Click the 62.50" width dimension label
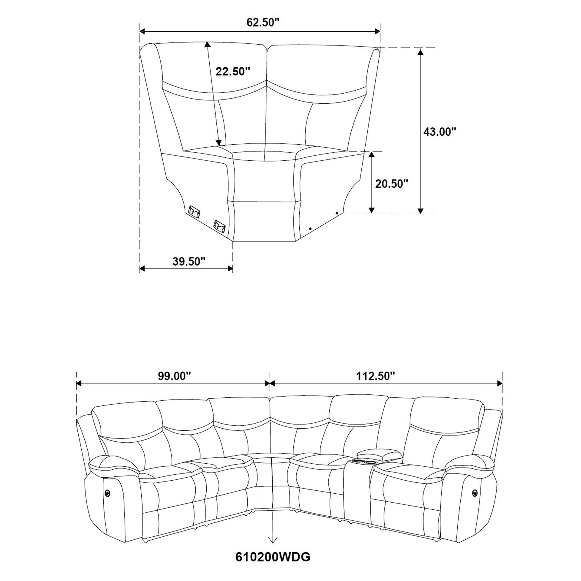pyautogui.click(x=263, y=23)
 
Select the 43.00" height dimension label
pyautogui.click(x=440, y=132)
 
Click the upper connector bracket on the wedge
pyautogui.click(x=194, y=211)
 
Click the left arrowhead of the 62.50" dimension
pyautogui.click(x=142, y=31)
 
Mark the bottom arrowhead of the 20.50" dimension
pyautogui.click(x=372, y=210)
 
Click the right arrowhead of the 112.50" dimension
pyautogui.click(x=500, y=383)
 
